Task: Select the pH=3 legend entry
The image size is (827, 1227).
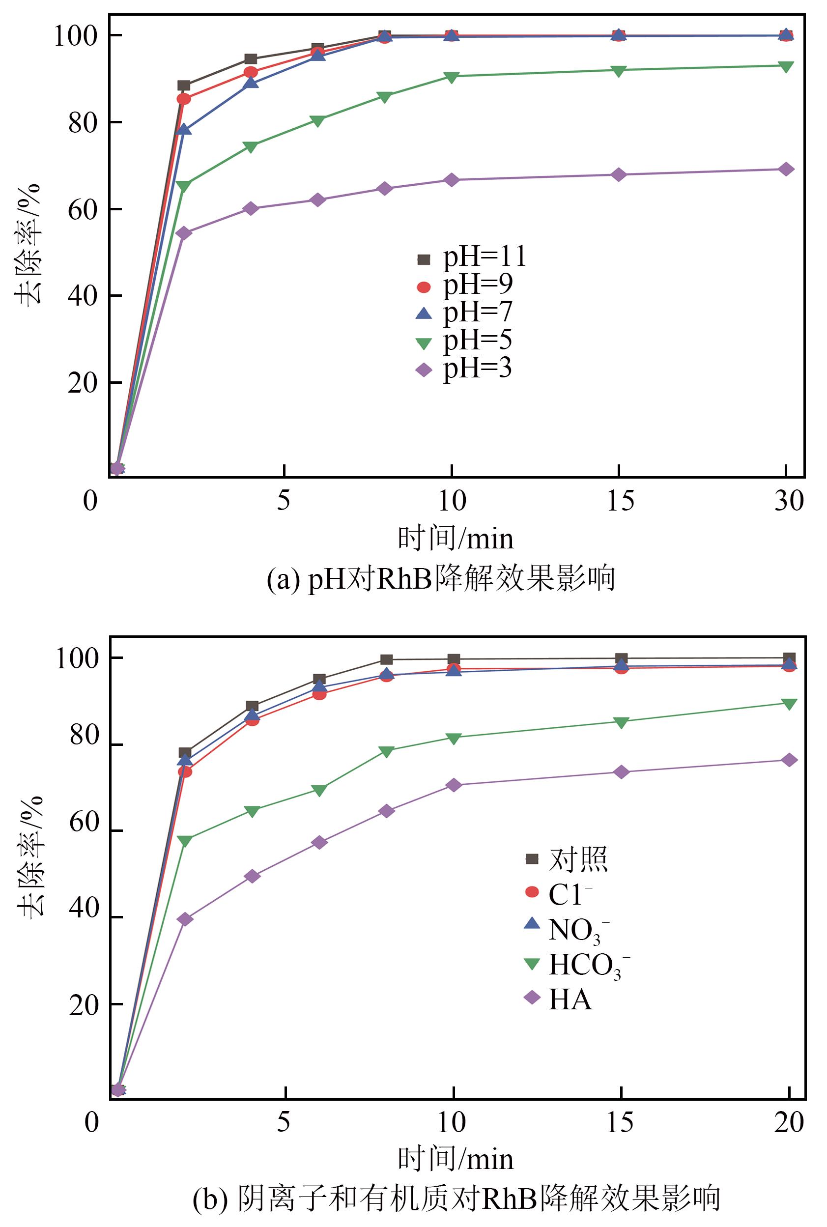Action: point(464,369)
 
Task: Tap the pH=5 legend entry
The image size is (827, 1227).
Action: point(464,341)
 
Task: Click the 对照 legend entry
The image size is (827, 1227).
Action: point(567,859)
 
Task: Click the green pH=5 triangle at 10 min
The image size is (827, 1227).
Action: point(452,77)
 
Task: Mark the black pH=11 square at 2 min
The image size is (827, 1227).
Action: point(184,86)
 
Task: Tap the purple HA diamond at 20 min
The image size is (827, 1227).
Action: point(789,760)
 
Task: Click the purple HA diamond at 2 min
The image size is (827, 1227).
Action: point(185,919)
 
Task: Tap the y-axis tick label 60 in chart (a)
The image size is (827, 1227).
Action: point(83,210)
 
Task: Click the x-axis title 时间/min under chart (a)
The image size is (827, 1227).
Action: point(456,539)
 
